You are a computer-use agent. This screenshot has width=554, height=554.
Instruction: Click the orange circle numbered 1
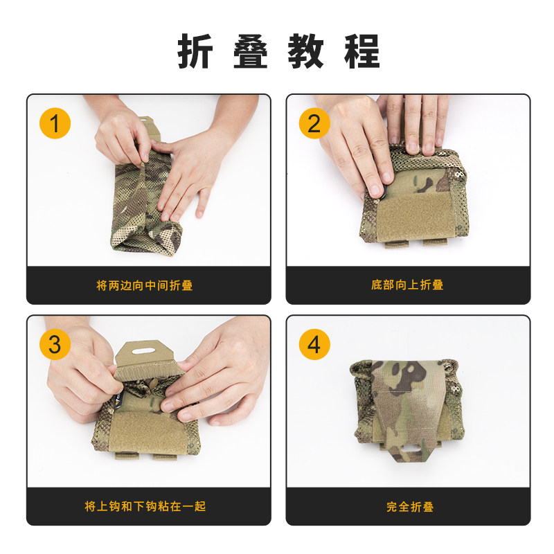coord(55,123)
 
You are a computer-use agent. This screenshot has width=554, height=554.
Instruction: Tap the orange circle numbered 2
coord(314,123)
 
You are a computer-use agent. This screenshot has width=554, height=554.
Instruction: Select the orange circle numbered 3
coord(55,344)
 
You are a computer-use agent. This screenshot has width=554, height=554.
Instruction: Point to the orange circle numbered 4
coord(314,344)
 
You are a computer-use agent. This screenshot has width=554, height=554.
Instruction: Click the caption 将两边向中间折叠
coord(145,285)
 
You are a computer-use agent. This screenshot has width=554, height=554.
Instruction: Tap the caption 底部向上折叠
coord(407,285)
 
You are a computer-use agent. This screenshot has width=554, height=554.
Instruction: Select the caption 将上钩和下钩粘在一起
coord(145,506)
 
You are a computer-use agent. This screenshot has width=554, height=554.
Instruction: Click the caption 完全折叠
coord(410,507)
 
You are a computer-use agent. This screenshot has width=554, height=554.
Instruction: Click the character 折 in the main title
coord(195,51)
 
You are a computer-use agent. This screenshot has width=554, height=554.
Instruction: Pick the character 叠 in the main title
coord(251,51)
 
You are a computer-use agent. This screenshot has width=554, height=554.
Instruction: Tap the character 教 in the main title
coord(306,51)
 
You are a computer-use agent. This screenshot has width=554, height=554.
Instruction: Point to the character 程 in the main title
coord(362,51)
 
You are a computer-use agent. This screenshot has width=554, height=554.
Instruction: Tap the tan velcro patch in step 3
coord(148,432)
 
